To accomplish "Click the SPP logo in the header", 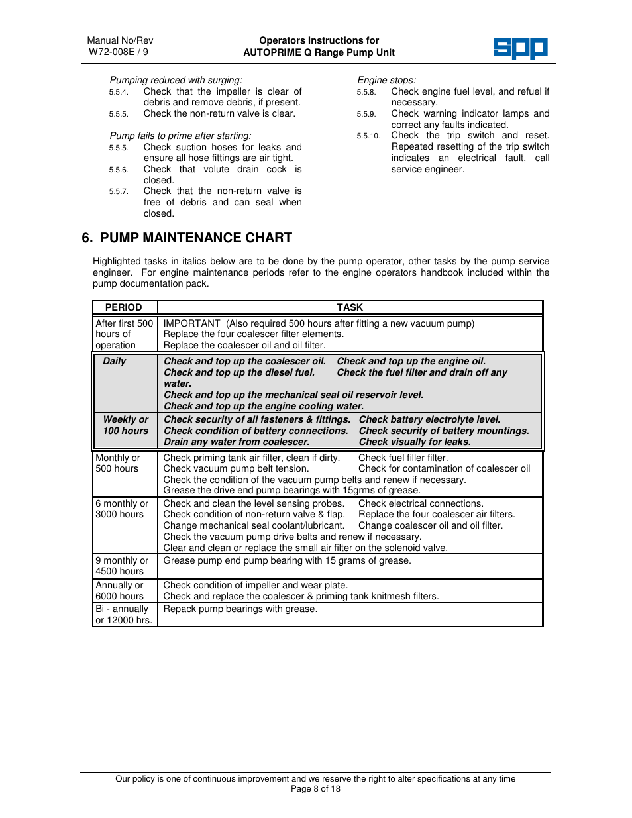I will pyautogui.click(x=520, y=48).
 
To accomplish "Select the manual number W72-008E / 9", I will pyautogui.click(x=119, y=52).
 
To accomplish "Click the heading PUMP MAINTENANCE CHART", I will pyautogui.click(x=195, y=238).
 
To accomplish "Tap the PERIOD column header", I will pyautogui.click(x=124, y=307).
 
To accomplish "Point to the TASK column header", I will pyautogui.click(x=350, y=307).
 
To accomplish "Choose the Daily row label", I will pyautogui.click(x=115, y=361).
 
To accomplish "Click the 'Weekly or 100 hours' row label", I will pyautogui.click(x=126, y=425).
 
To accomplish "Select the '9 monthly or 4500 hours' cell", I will pyautogui.click(x=122, y=566).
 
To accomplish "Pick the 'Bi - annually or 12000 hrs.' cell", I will pyautogui.click(x=124, y=615).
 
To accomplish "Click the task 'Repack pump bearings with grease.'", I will pyautogui.click(x=240, y=609).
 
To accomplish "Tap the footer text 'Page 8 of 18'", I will pyautogui.click(x=315, y=789).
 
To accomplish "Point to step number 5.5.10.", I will pyautogui.click(x=368, y=136).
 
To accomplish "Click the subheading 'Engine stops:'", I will pyautogui.click(x=387, y=80).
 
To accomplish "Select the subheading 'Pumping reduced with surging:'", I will pyautogui.click(x=176, y=80).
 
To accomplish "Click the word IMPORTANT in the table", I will pyautogui.click(x=192, y=323).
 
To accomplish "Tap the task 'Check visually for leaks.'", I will pyautogui.click(x=415, y=442).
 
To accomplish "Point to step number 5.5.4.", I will pyautogui.click(x=119, y=92).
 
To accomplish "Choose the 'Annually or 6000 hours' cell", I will pyautogui.click(x=120, y=590).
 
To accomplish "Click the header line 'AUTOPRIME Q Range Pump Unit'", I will pyautogui.click(x=319, y=52).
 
